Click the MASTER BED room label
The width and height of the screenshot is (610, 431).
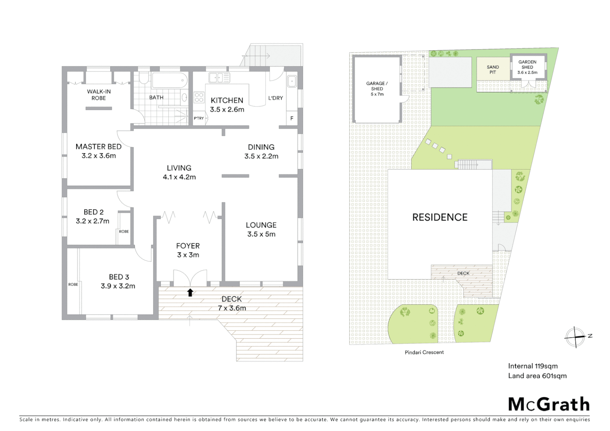coord(98,146)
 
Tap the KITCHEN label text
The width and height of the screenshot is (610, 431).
coord(227,100)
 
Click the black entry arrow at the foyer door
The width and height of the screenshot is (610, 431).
coord(190,293)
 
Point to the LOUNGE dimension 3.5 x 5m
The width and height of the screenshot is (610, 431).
coord(261,234)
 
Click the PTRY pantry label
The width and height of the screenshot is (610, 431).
coord(199,118)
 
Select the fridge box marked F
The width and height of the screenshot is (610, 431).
coord(292,119)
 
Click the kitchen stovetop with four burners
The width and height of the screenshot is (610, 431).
coord(199,98)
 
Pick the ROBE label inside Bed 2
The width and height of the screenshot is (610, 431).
coord(124,231)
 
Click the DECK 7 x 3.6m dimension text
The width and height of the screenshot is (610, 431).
coord(232,308)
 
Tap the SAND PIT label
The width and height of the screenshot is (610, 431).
coord(493,70)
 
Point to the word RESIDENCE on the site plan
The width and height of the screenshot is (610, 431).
coord(440,217)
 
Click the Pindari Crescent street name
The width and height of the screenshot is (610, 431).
coord(424,352)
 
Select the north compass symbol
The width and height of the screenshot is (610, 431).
coord(575,336)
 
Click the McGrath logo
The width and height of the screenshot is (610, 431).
coord(549,404)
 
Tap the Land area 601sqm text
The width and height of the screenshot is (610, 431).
coord(537,376)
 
